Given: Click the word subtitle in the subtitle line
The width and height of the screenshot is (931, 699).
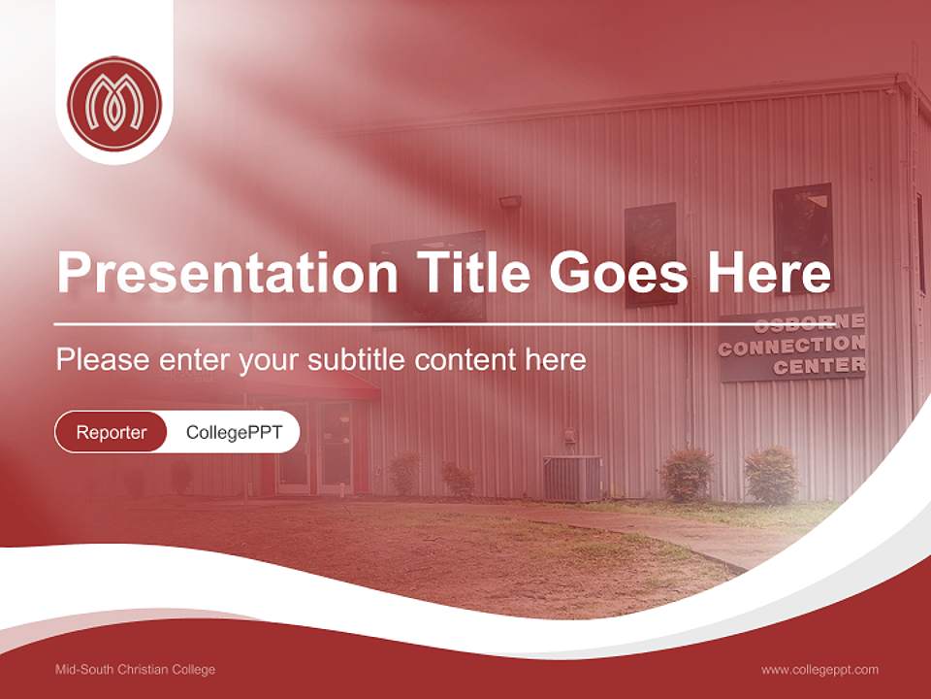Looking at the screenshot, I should [x=357, y=360].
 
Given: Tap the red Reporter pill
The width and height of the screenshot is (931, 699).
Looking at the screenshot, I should [x=111, y=432].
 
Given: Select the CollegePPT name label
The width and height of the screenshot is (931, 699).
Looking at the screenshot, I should [x=234, y=432].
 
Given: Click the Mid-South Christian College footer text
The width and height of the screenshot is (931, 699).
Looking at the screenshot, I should [x=136, y=670].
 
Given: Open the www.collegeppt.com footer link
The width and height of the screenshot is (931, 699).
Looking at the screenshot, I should [x=819, y=670].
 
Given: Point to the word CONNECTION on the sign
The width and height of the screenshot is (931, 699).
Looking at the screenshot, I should [x=791, y=345].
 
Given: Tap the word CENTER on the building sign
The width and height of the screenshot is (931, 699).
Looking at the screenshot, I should [x=819, y=366].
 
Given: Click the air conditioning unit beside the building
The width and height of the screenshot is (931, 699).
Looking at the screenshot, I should [x=572, y=479].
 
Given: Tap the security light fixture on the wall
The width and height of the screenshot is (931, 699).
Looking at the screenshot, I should [x=510, y=202].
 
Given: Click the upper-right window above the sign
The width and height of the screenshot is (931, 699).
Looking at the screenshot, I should [x=802, y=237].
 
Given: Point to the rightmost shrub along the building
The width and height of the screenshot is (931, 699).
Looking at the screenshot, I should [x=772, y=475].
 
